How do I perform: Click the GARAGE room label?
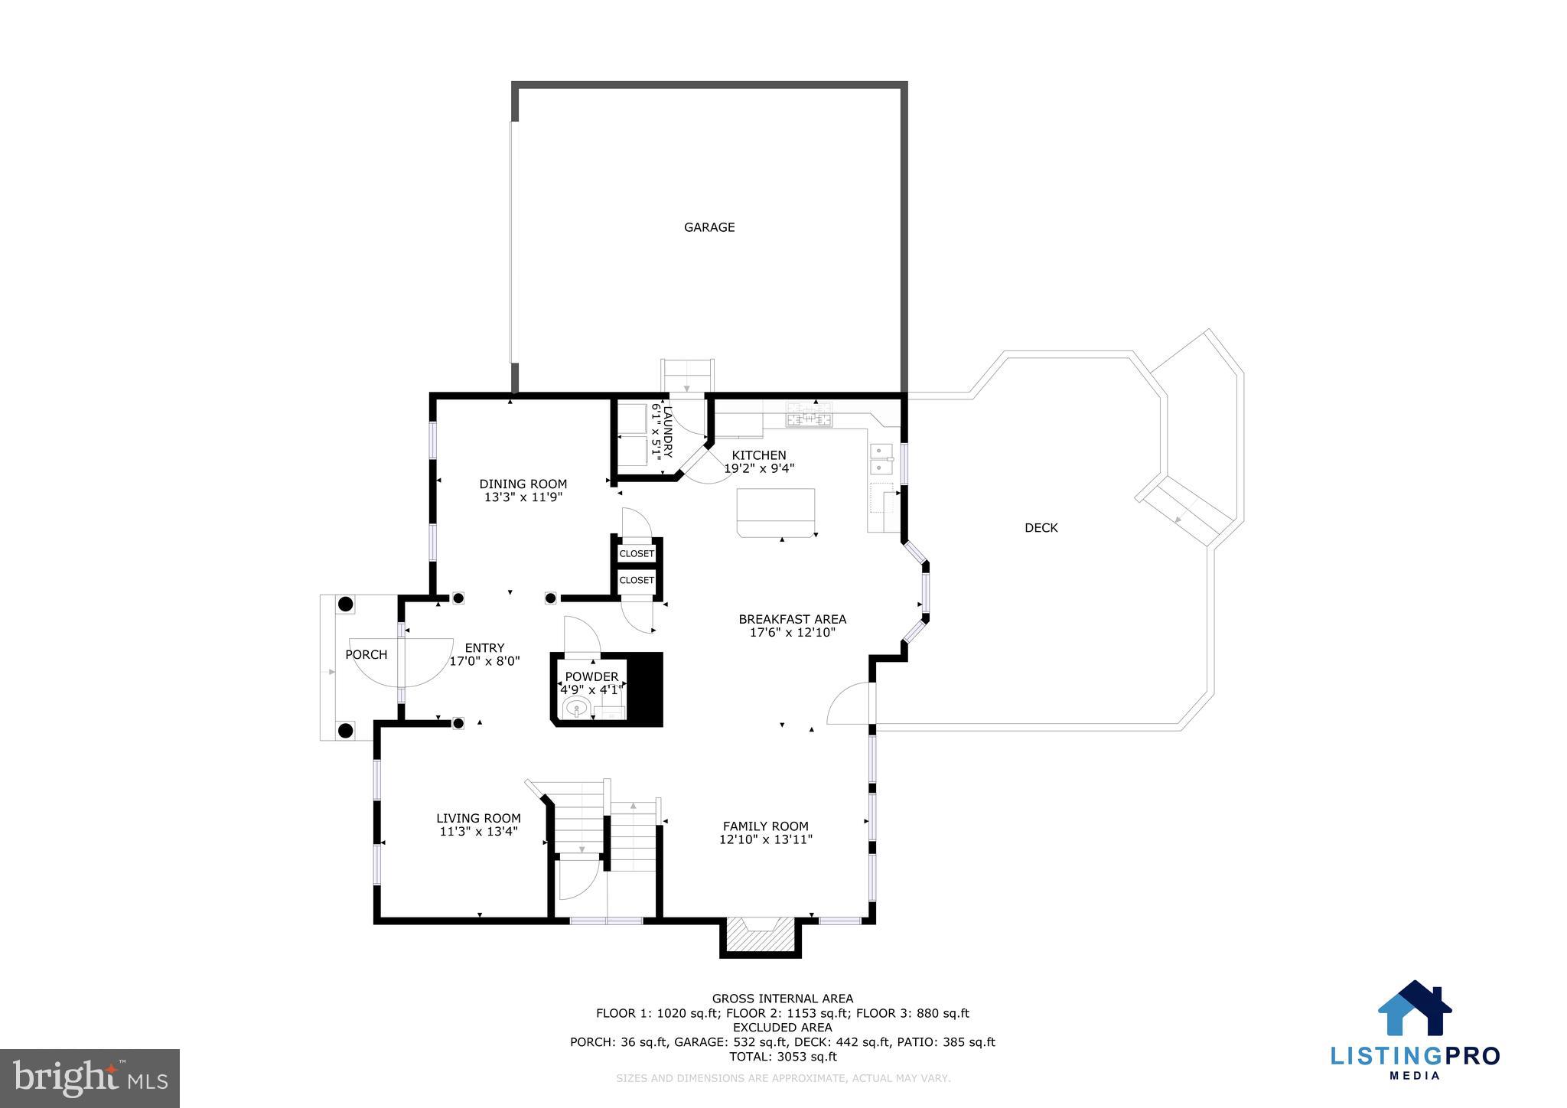tap(709, 227)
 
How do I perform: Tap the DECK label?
tap(1041, 528)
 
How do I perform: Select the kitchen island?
tap(775, 511)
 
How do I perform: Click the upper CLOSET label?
tap(637, 553)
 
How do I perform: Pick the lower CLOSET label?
tap(637, 580)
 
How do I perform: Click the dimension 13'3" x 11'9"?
tap(523, 497)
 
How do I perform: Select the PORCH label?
tap(366, 655)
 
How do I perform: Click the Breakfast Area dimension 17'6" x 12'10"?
tap(792, 633)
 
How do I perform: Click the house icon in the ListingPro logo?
tap(1414, 1008)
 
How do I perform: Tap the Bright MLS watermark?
tap(90, 1079)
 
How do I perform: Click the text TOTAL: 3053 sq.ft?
tap(782, 1057)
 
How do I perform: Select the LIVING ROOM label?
tap(478, 818)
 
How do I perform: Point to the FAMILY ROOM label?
tap(765, 826)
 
